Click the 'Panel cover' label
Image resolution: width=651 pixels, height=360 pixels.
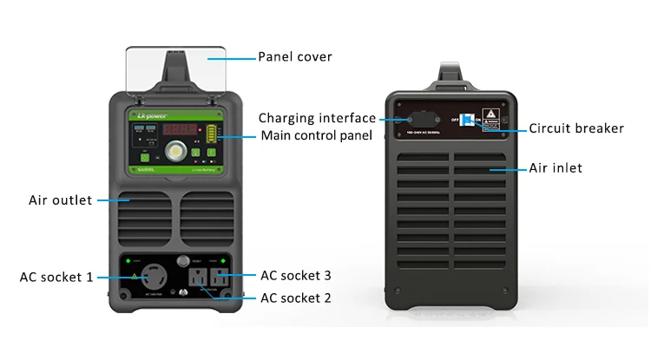(295, 57)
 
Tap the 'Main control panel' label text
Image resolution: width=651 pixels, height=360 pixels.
(317, 135)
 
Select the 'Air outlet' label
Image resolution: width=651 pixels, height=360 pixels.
(60, 200)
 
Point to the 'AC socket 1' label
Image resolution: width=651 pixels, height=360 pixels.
(56, 278)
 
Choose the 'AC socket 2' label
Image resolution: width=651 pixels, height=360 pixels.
(296, 298)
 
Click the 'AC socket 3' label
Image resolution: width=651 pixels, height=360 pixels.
(296, 276)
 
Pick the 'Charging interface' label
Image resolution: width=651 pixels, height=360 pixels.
(317, 118)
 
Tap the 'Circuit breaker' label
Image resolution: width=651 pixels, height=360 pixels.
(576, 128)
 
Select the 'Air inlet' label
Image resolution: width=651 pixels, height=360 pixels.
(556, 167)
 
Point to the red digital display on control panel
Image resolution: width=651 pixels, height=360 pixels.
(181, 129)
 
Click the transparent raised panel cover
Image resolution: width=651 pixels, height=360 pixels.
(175, 69)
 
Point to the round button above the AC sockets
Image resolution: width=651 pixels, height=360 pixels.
(182, 260)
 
